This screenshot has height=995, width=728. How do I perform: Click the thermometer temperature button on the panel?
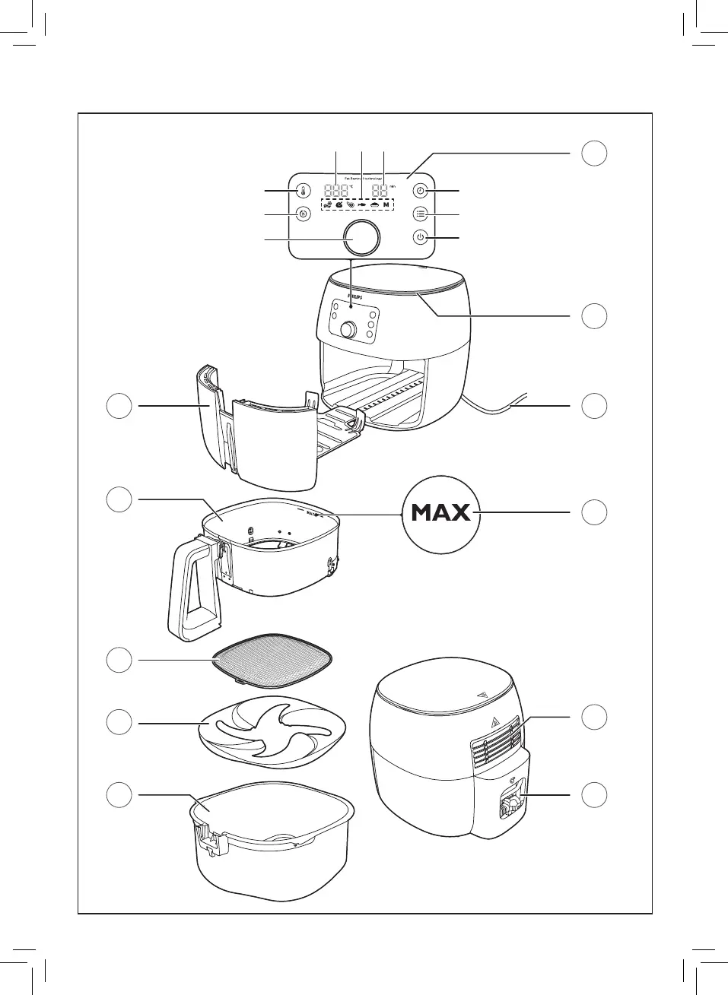[302, 190]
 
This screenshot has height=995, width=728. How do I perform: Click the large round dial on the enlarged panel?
[361, 238]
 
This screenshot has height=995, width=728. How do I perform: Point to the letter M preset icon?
[386, 205]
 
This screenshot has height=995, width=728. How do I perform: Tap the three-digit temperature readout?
[336, 190]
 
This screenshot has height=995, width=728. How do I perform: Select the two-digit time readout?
[380, 190]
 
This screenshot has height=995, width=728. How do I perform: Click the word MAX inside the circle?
[440, 513]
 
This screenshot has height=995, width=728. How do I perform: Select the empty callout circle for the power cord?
[594, 405]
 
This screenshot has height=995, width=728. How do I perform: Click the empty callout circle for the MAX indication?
[594, 512]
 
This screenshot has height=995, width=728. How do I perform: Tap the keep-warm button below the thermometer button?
[302, 214]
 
